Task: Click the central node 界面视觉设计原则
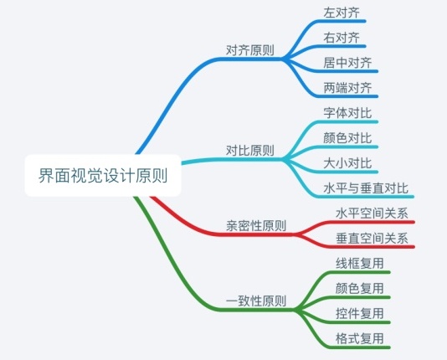[103, 175]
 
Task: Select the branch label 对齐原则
[250, 50]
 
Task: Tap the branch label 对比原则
[250, 150]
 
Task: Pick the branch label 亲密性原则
[256, 226]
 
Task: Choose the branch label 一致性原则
[256, 301]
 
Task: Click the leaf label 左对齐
[342, 13]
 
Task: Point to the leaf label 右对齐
[342, 38]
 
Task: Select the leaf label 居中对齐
[347, 63]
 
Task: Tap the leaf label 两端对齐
[347, 88]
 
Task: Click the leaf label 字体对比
[347, 113]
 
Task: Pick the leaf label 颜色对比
[347, 138]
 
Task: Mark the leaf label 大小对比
[347, 163]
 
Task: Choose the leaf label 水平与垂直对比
[366, 188]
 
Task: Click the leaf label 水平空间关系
[372, 213]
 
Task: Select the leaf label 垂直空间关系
[372, 239]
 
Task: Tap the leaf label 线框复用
[360, 264]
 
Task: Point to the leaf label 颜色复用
[360, 289]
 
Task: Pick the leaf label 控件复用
[360, 314]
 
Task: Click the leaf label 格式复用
[360, 338]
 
